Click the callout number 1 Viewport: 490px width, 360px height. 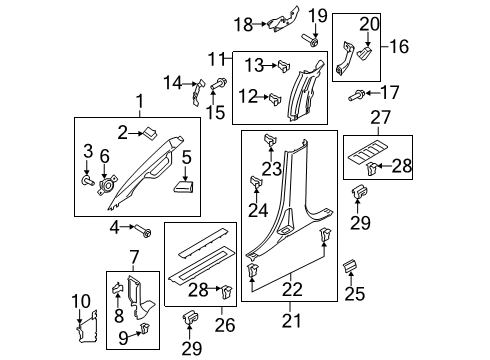pyautogui.click(x=140, y=101)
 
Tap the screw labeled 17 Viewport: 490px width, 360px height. pyautogui.click(x=356, y=94)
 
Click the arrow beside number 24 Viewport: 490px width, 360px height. pyautogui.click(x=254, y=195)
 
